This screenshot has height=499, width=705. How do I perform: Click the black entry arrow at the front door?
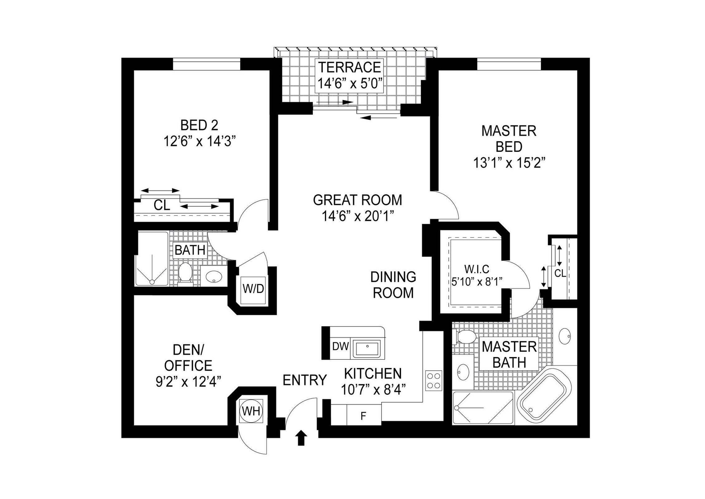tap(301, 438)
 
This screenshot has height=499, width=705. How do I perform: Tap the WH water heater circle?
tap(252, 411)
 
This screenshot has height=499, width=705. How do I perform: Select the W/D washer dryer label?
tap(253, 289)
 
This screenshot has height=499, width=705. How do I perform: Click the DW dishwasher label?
tap(340, 346)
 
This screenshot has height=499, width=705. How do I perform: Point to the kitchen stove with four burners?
tap(434, 381)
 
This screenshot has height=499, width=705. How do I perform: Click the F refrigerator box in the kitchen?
tap(364, 416)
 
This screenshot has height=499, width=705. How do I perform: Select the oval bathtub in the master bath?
tap(544, 396)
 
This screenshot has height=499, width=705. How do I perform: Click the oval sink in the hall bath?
tap(214, 276)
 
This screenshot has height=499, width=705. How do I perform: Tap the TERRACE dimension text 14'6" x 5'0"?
tap(350, 84)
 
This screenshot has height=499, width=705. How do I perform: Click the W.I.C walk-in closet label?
tap(477, 269)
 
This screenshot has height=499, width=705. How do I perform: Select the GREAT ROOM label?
tap(358, 200)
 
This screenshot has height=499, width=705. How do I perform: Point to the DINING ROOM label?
tap(393, 285)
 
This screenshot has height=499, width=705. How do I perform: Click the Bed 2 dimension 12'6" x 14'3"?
tap(199, 141)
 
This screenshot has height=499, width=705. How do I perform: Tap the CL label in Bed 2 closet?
tap(162, 205)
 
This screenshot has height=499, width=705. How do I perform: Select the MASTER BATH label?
tap(509, 354)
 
